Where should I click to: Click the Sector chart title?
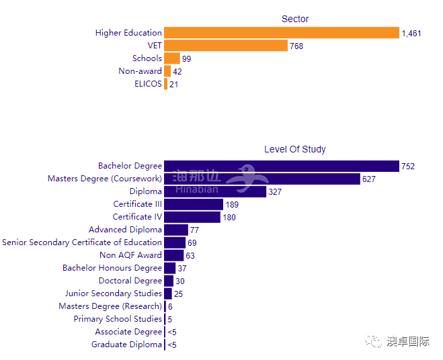295,19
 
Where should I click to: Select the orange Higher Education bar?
282,33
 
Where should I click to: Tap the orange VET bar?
225,46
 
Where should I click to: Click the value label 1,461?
411,34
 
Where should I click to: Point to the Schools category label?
147,58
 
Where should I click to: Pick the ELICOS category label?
148,84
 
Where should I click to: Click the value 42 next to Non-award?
177,71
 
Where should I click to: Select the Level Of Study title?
295,149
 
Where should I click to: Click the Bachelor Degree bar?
282,166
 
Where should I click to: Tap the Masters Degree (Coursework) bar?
262,179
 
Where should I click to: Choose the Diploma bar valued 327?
215,191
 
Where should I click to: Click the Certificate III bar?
194,204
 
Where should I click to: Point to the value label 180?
229,217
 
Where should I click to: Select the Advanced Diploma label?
125,230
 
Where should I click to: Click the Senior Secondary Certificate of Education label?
82,242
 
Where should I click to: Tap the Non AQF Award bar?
174,255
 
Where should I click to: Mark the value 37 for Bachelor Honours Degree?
182,268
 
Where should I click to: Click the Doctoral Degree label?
130,281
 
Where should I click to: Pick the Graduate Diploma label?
127,345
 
